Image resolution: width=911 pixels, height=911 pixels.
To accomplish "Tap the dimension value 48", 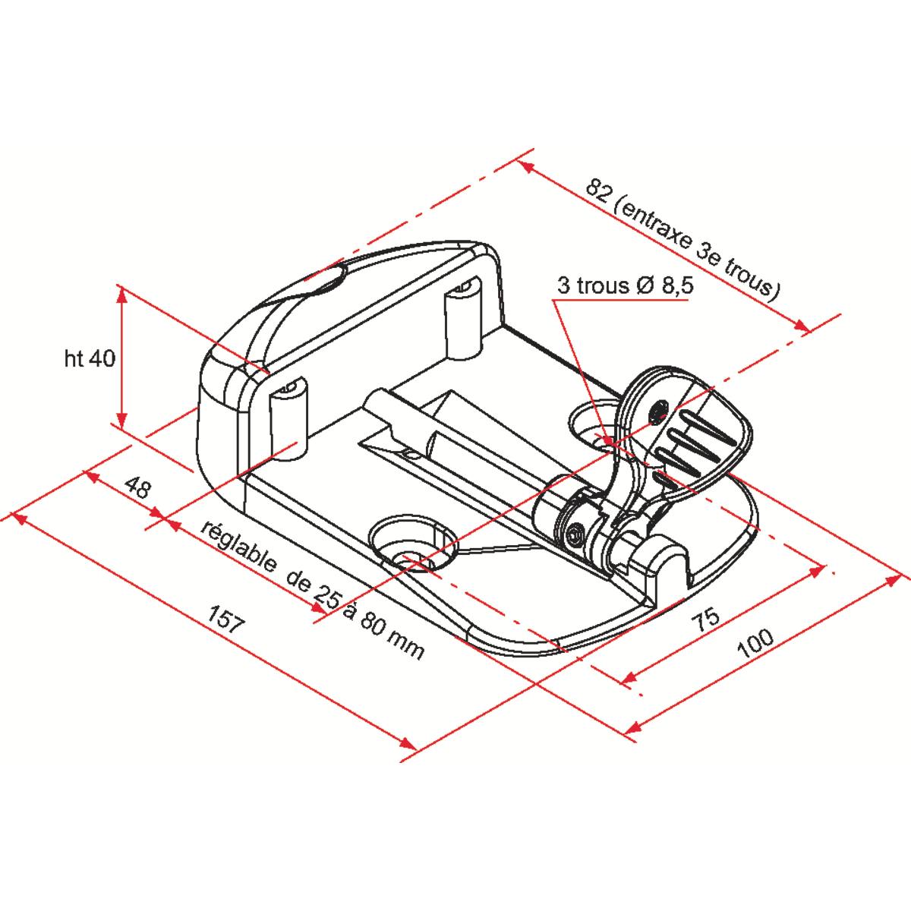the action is (x=138, y=488).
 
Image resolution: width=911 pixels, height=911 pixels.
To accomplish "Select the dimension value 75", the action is (x=706, y=620).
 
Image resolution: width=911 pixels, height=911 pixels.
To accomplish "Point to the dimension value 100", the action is (x=755, y=642).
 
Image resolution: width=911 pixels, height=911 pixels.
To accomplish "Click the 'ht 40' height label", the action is (x=90, y=359).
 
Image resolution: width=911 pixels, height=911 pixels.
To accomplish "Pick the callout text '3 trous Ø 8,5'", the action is (x=625, y=286).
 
